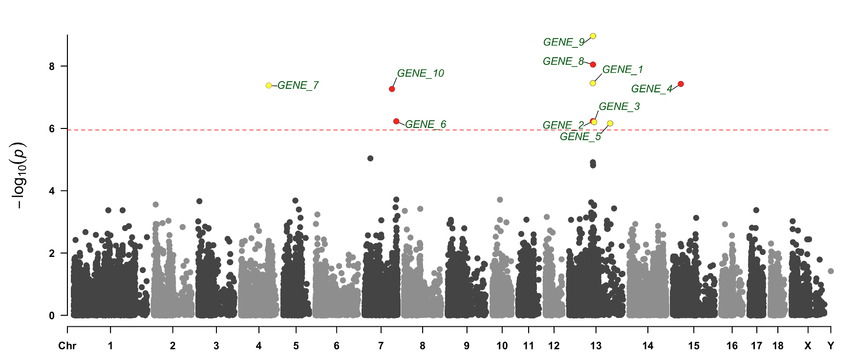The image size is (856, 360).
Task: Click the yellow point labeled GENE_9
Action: coord(593,36)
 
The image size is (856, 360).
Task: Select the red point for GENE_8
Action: coord(593,64)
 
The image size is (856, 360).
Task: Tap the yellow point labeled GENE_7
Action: coord(269,85)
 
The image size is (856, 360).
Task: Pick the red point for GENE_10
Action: coord(392,89)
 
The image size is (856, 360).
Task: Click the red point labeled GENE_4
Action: coord(681,84)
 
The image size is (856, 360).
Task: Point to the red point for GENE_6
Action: coord(396,121)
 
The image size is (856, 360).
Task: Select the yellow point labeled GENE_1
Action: coord(593,83)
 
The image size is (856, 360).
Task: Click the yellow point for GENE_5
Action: coord(610,124)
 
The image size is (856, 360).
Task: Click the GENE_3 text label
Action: coord(619,106)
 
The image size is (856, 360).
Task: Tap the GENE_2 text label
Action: coord(563,126)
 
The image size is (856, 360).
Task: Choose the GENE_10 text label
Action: coord(420,73)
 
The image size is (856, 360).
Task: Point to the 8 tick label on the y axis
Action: coord(52,66)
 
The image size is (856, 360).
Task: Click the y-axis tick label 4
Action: coord(52,191)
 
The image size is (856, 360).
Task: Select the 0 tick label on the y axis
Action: coord(52,316)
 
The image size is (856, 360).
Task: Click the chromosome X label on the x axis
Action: coord(808,346)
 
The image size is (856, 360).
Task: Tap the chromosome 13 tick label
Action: coord(596,346)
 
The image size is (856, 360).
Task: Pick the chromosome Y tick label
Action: coord(831,346)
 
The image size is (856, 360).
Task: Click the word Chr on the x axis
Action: coord(67,346)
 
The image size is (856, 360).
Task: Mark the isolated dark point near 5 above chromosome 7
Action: coord(370,158)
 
